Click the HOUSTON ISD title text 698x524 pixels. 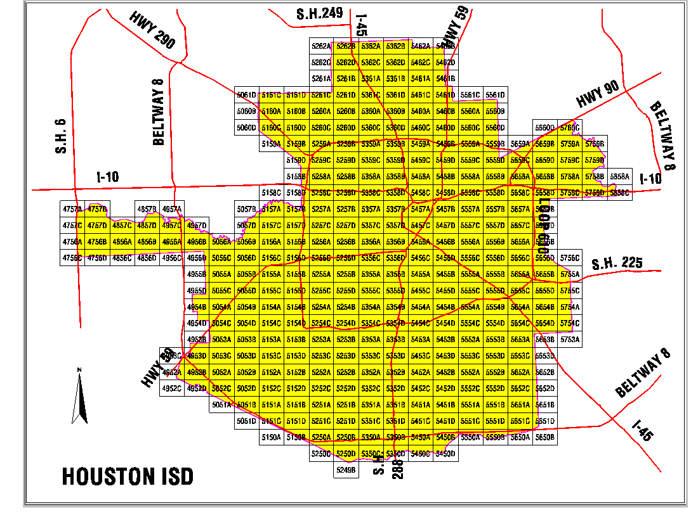coord(128,476)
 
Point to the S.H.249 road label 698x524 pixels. coord(320,13)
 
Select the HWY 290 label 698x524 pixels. coord(152,31)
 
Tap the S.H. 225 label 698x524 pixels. coord(617,264)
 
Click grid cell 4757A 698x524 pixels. coord(72,209)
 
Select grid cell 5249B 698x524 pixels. coord(346,470)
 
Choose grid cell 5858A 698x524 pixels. coord(619,176)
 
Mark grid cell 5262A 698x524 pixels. coord(321,46)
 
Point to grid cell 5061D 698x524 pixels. coord(246,95)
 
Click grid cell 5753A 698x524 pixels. coord(570,340)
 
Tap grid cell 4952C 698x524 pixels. coord(171,388)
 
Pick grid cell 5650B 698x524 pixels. coord(544,437)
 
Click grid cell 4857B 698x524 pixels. coord(147,209)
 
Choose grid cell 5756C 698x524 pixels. coord(570,258)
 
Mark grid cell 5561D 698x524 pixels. coord(495,95)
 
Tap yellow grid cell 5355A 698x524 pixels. coord(371,274)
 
